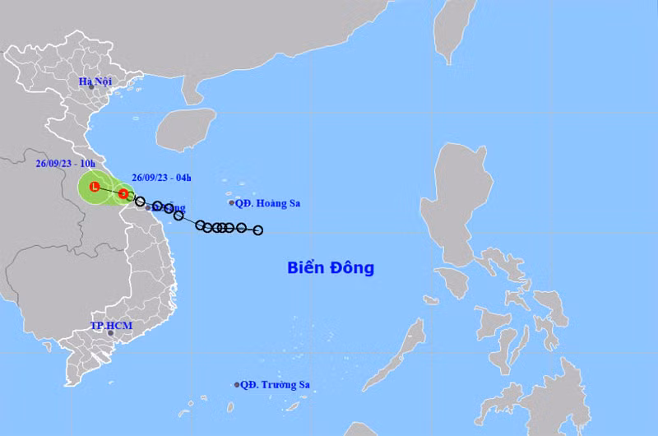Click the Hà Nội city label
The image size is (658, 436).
95,81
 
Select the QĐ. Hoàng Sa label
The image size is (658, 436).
265,202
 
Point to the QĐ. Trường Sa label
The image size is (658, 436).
276,384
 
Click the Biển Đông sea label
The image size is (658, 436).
331,267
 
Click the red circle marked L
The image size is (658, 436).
95,188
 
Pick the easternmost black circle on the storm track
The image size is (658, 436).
257,230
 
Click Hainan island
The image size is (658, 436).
185,130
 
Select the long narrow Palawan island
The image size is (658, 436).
395,353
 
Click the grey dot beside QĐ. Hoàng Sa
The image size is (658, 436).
232,202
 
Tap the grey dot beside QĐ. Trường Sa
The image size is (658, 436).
237,384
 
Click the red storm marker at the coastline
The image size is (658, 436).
123,194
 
